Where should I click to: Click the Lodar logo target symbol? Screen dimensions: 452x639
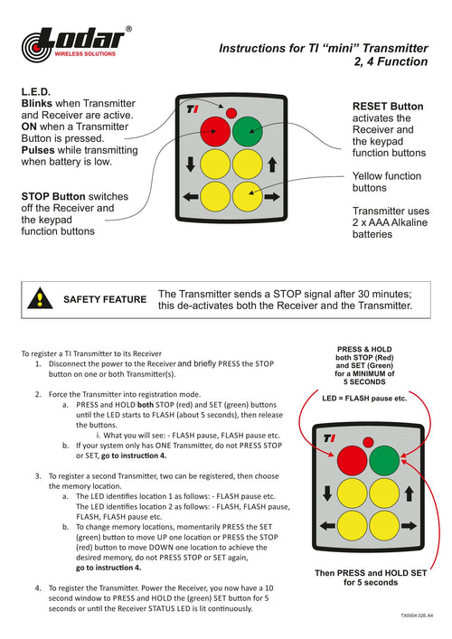37,47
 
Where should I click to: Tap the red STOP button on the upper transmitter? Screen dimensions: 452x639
215,131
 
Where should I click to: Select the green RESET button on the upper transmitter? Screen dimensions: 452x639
248,131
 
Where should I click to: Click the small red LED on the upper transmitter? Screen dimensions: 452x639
231,113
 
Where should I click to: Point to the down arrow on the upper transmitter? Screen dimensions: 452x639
191,164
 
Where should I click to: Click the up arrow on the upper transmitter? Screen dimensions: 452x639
272,164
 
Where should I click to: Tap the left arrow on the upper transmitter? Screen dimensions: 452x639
191,197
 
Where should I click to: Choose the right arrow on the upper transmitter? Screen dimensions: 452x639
272,197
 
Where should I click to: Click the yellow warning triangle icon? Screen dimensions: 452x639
40,298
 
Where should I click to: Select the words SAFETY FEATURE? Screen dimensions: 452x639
105,299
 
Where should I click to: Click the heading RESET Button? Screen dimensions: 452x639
388,107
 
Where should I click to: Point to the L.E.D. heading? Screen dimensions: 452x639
36,91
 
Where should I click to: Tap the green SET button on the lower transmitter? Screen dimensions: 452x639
384,461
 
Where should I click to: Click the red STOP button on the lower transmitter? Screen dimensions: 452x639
353,461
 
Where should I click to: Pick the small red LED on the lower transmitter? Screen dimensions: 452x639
368,442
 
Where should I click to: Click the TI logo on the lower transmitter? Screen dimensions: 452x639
329,438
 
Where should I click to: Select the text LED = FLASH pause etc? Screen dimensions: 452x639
364,399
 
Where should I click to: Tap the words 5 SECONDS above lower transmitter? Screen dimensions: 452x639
364,381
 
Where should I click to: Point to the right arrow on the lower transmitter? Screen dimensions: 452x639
409,526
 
